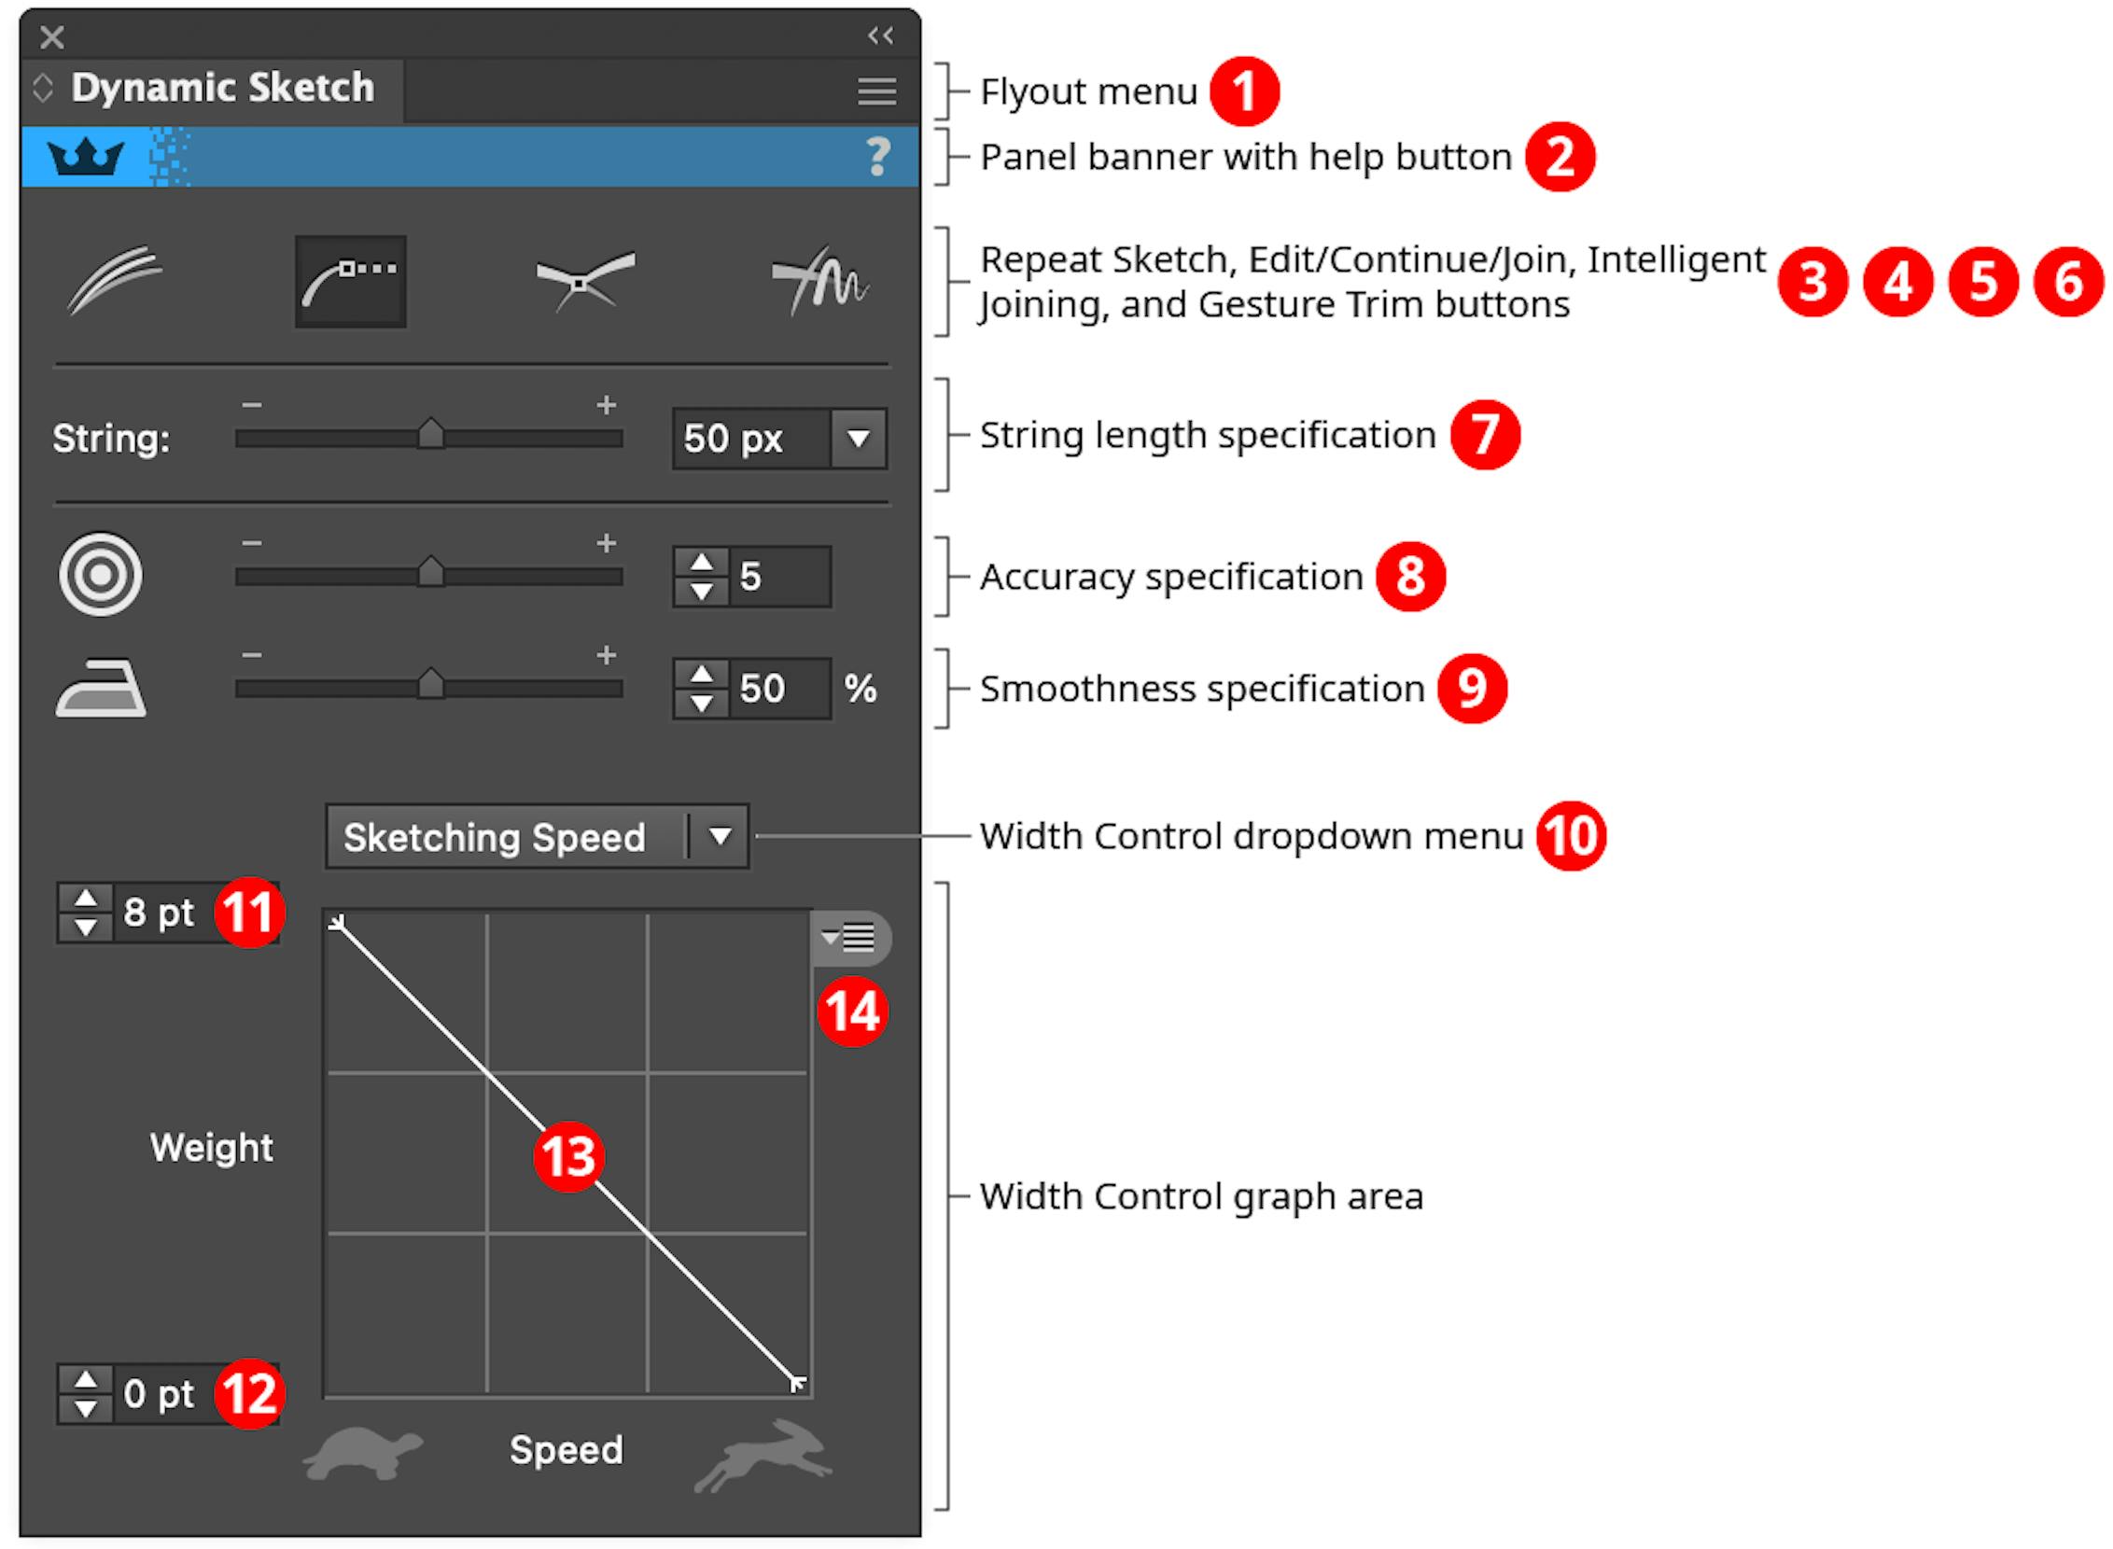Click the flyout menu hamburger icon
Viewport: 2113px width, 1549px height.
tap(876, 91)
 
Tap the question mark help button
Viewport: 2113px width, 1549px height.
tap(877, 157)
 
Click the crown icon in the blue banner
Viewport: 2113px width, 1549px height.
tap(86, 157)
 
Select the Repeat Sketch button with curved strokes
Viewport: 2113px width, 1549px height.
tap(115, 279)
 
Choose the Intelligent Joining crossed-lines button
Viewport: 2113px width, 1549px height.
tap(584, 280)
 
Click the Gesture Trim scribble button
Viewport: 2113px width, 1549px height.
tap(819, 280)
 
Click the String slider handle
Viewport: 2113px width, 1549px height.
tap(430, 434)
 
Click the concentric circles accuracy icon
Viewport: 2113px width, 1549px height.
tap(101, 575)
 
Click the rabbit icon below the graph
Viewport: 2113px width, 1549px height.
tap(764, 1455)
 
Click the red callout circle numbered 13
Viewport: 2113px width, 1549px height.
tap(568, 1156)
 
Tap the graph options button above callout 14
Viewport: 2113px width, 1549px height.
tap(849, 937)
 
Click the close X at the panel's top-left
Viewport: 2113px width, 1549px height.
tap(52, 37)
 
